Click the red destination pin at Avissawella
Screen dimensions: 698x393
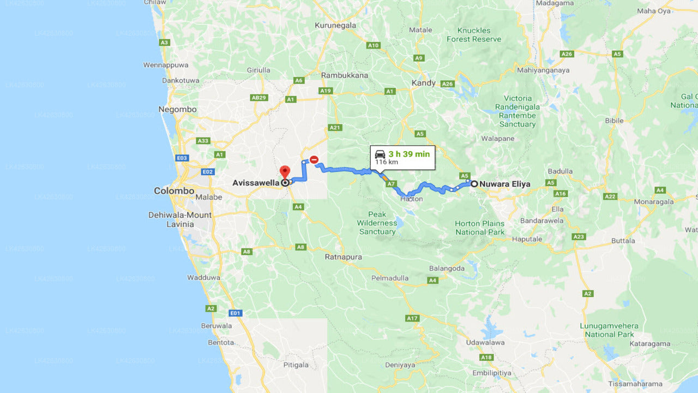[x=285, y=172]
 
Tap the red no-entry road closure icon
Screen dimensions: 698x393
[x=314, y=159]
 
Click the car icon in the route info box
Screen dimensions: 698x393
[x=380, y=154]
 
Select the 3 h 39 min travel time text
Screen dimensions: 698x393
[x=409, y=154]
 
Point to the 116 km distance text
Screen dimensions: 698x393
[x=387, y=163]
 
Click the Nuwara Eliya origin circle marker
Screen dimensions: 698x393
[x=474, y=184]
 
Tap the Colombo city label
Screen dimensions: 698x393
[x=174, y=191]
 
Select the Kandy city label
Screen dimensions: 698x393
[x=424, y=83]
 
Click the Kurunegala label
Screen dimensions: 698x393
[x=335, y=25]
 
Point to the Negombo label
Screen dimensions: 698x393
[x=177, y=109]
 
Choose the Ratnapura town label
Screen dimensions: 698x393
[x=344, y=257]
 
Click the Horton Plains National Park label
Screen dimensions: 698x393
[x=480, y=228]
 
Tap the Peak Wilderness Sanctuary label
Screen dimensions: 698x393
[x=377, y=223]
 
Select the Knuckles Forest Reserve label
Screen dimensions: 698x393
[x=474, y=35]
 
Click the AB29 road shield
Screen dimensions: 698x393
[x=258, y=98]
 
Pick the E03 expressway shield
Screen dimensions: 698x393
[x=182, y=158]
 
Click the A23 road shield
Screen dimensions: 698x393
[x=579, y=237]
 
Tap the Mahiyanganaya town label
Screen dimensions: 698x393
[x=543, y=70]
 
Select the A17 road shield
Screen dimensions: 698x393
[x=412, y=318]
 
